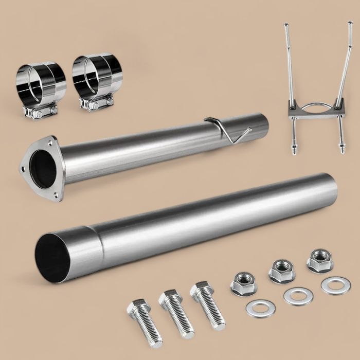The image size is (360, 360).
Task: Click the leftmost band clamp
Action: point(41,82)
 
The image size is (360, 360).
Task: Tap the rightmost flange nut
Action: point(320,261)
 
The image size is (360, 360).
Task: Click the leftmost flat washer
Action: point(260,308)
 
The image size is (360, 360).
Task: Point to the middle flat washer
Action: point(297,295)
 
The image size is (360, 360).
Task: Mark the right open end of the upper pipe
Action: point(265,124)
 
